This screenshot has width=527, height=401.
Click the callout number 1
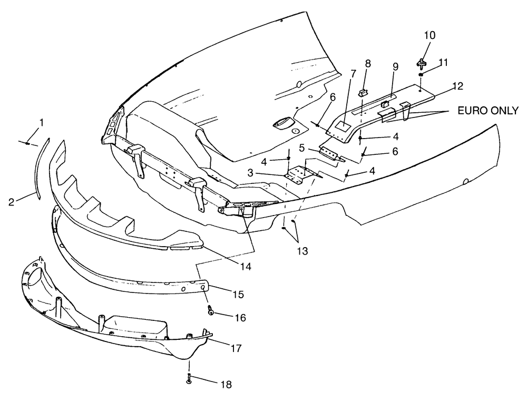pos(41,123)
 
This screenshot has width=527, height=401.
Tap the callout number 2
pos(12,202)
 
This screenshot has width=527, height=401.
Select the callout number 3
pos(250,173)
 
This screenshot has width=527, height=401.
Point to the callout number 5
pos(301,148)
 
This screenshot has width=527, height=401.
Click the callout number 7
pos(353,74)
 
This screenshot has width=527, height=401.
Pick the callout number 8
pos(368,64)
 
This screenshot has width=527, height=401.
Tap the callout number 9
pos(396,66)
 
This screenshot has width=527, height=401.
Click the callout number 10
pos(430,35)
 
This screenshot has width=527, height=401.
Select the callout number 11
pos(443,63)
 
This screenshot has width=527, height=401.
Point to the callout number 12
pos(457,86)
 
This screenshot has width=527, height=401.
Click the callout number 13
pos(302,251)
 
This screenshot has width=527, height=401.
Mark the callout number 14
pos(246,267)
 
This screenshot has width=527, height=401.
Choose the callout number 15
pos(238,295)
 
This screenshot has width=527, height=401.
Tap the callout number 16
pos(240,317)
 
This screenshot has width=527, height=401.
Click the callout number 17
pos(236,348)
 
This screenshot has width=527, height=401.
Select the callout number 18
pos(226,385)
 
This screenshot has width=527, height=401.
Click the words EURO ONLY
pos(489,111)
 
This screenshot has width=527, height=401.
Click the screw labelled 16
pos(211,310)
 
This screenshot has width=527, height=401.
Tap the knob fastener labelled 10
pos(422,62)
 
